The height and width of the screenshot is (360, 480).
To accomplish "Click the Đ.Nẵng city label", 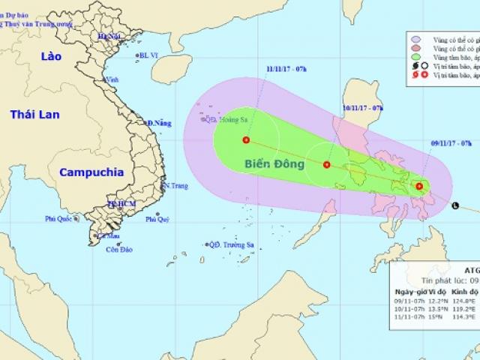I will tap(160, 122).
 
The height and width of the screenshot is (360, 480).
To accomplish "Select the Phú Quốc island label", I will tap(61, 219).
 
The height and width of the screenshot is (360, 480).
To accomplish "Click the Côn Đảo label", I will tap(118, 249).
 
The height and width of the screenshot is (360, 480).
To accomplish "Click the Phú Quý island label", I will tap(157, 219).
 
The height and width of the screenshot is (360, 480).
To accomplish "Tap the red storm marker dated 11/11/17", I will tap(246, 139).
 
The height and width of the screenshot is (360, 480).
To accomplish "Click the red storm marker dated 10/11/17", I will tap(326, 164).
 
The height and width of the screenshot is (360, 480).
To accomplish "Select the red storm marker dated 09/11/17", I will tap(419, 187).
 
